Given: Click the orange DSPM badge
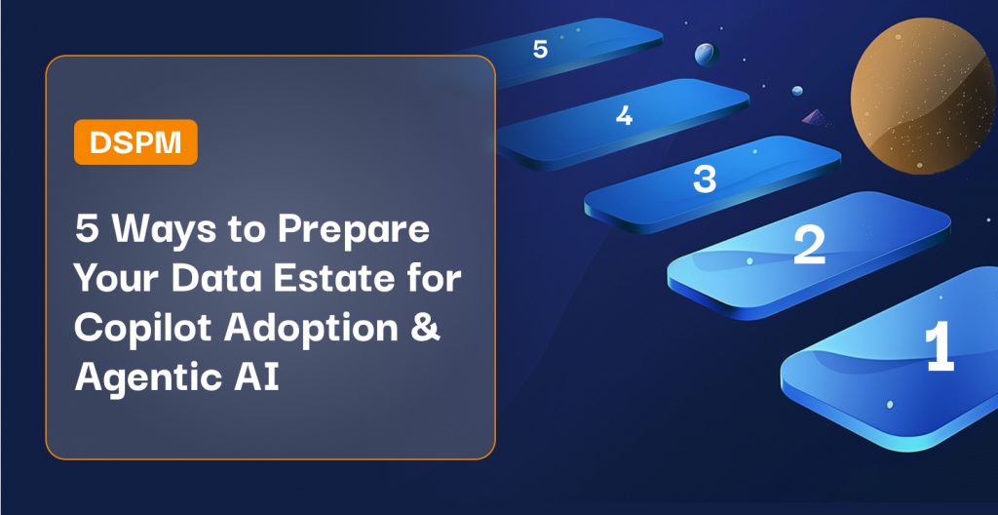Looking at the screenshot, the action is (135, 142).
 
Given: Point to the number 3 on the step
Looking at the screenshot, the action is (704, 179).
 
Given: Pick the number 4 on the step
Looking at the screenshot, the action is (625, 115).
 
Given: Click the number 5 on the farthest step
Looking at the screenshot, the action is (540, 50).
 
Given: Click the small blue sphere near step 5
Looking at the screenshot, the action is (706, 55).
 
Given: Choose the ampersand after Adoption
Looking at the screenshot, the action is (428, 328).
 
